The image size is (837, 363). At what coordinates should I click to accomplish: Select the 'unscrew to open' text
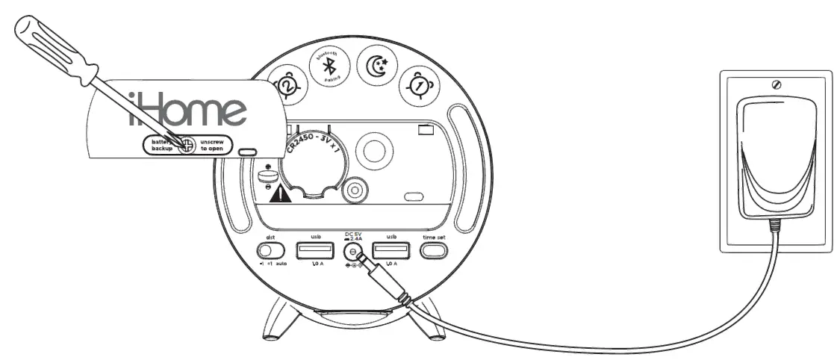[214, 145]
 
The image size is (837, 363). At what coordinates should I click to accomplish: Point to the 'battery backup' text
[158, 145]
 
